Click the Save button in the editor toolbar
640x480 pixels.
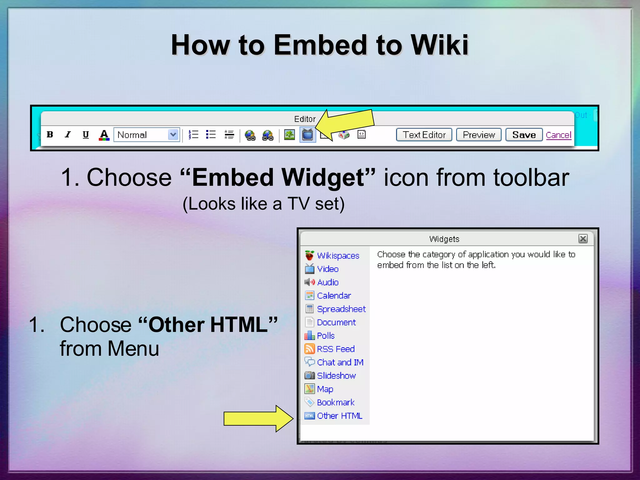click(524, 135)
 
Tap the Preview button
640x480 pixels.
click(478, 135)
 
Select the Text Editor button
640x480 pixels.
click(424, 135)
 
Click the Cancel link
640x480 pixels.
click(558, 135)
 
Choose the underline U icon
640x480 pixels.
click(86, 135)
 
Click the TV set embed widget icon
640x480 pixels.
click(307, 135)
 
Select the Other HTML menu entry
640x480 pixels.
click(339, 416)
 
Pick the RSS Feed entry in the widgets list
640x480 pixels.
click(336, 349)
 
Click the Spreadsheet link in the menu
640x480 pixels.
click(341, 309)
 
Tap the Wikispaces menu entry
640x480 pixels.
click(338, 256)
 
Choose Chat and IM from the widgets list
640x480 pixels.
click(340, 362)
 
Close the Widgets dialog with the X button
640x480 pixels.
click(583, 239)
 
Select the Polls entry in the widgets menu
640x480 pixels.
click(326, 336)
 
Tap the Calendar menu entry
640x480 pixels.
click(334, 296)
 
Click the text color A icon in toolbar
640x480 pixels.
click(104, 135)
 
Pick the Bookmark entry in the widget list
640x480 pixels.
click(336, 402)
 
